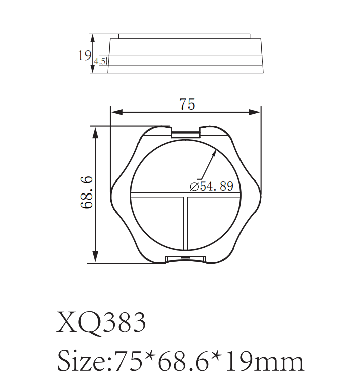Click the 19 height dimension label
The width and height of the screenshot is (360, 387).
point(84,55)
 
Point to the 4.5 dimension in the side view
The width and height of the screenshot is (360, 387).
point(99,62)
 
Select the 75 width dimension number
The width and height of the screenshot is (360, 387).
point(187,104)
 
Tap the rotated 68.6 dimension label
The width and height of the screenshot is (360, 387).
point(86,192)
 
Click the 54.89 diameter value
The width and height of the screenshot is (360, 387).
point(217,187)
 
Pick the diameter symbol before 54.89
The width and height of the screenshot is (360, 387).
point(195,187)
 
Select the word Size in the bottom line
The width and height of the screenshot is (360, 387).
point(82,361)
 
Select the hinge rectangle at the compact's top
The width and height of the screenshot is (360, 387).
point(186,133)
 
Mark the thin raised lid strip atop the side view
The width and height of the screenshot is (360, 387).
point(184,36)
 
